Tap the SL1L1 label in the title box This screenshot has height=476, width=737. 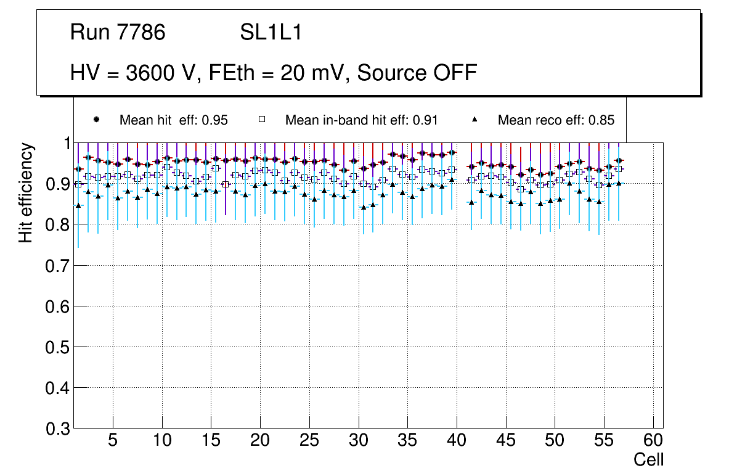[271, 33]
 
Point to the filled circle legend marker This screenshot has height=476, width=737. [96, 120]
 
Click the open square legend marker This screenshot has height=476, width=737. [261, 120]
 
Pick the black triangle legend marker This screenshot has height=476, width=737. [474, 120]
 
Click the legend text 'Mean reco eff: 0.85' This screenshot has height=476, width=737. [556, 120]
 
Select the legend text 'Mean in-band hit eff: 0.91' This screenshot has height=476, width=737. [361, 120]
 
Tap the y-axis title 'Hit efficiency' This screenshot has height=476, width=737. [26, 193]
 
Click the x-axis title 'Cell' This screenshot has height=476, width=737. [649, 459]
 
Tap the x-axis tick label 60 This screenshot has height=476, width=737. [653, 441]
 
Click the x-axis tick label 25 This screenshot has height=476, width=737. [309, 441]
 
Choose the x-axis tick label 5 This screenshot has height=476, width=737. [113, 441]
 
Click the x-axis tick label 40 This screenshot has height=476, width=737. [457, 441]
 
